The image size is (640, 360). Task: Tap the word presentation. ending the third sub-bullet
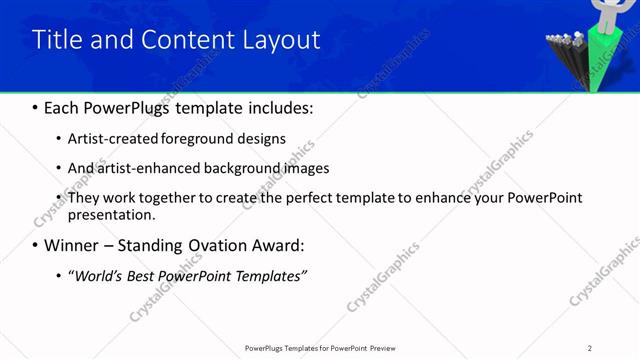(111, 214)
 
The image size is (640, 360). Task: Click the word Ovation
(226, 245)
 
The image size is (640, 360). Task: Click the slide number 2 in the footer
(589, 348)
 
